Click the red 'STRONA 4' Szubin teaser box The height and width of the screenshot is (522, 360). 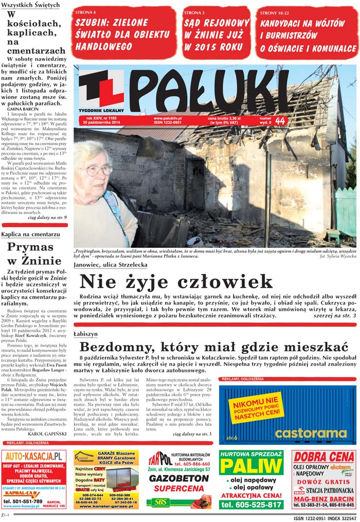(124, 32)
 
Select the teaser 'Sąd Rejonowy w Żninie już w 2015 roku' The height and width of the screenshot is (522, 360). (217, 32)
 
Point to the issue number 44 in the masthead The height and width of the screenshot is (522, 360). (280, 120)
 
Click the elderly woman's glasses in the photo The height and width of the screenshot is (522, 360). (96, 169)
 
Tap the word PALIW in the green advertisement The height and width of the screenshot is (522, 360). (251, 467)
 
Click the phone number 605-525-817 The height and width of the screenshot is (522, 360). (251, 505)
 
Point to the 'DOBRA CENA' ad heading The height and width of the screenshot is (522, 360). (324, 457)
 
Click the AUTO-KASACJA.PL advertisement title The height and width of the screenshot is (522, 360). (34, 457)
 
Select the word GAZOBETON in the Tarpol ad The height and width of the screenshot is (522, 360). (178, 478)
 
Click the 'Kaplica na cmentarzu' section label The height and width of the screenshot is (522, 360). (30, 234)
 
